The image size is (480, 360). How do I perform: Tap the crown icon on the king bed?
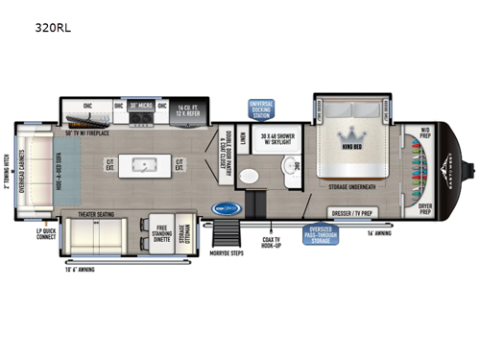point(347,134)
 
